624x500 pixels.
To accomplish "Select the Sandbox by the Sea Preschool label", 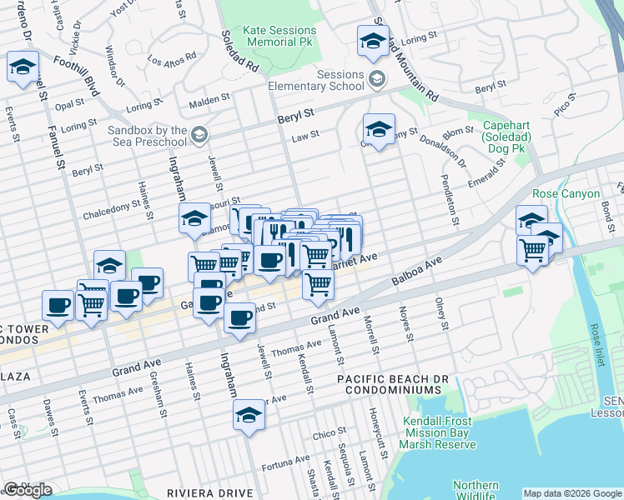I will coord(148,136).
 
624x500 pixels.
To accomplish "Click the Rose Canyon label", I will coord(566,193).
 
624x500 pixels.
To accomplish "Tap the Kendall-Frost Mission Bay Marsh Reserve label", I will coord(440,433).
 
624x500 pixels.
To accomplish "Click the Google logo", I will coord(28,490).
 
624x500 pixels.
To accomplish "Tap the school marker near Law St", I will coord(379,130).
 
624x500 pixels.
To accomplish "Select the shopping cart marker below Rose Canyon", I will coord(533,250).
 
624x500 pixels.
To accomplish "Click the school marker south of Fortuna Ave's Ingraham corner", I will coord(249,415).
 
